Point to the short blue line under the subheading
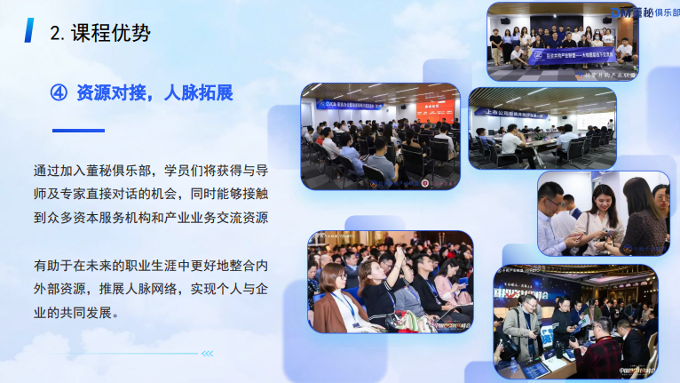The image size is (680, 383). click(78, 131)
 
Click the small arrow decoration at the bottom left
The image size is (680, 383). click(206, 353)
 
